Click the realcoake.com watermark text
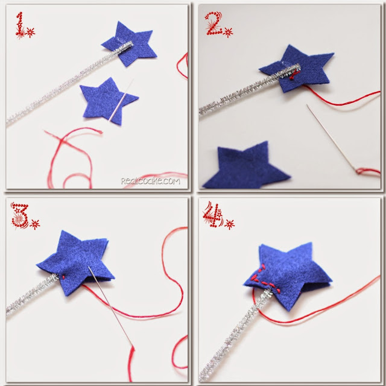(x=149, y=180)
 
